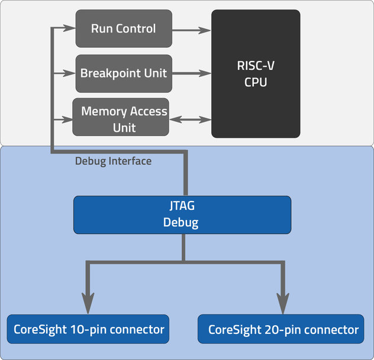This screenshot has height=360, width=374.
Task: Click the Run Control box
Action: (123, 28)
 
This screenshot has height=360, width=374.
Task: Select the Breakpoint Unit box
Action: (124, 73)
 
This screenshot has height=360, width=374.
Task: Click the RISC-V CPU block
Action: (256, 74)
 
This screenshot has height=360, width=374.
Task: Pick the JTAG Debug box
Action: (182, 215)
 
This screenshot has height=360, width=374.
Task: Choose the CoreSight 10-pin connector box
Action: (88, 329)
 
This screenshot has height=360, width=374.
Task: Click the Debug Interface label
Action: (113, 161)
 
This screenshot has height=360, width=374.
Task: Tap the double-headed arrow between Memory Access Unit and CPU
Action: (190, 119)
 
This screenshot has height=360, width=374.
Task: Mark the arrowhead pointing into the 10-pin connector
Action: (88, 304)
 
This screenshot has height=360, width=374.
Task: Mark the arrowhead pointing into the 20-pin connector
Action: (283, 304)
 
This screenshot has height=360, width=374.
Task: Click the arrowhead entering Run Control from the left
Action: (70, 28)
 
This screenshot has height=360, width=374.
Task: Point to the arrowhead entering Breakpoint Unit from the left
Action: (70, 73)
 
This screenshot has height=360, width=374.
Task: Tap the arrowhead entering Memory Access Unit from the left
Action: (66, 119)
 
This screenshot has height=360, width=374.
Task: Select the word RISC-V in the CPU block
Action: (256, 66)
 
